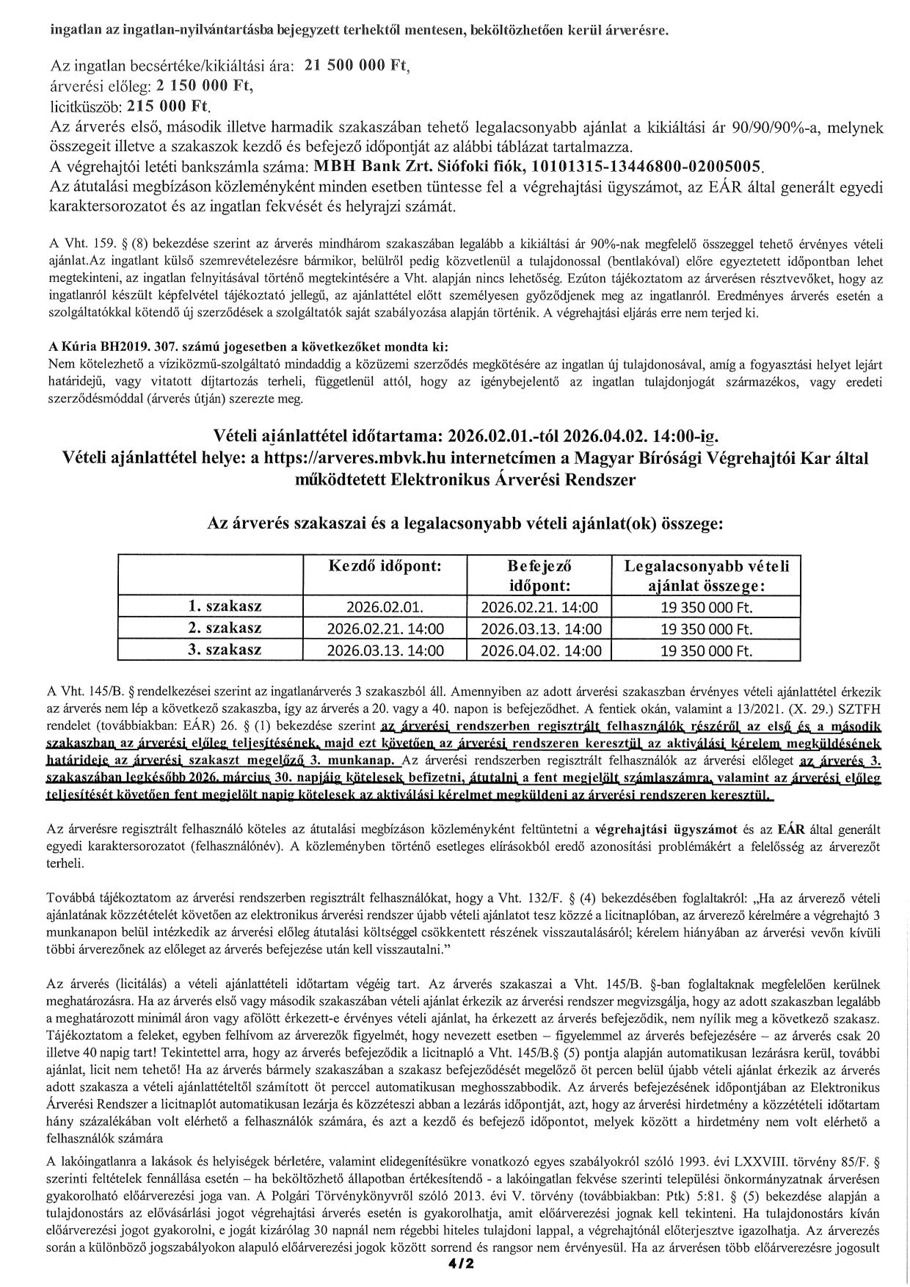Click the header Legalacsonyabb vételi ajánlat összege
pyautogui.click(x=706, y=576)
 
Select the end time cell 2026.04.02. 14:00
pyautogui.click(x=540, y=651)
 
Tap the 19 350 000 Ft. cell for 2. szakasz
pyautogui.click(x=706, y=629)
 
